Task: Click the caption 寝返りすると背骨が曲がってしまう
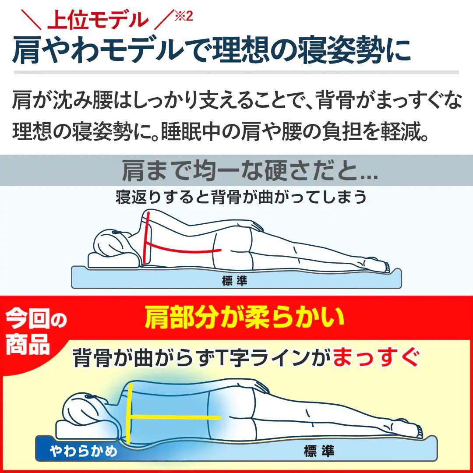(241, 197)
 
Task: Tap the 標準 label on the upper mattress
(235, 281)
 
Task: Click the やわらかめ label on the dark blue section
(83, 450)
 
